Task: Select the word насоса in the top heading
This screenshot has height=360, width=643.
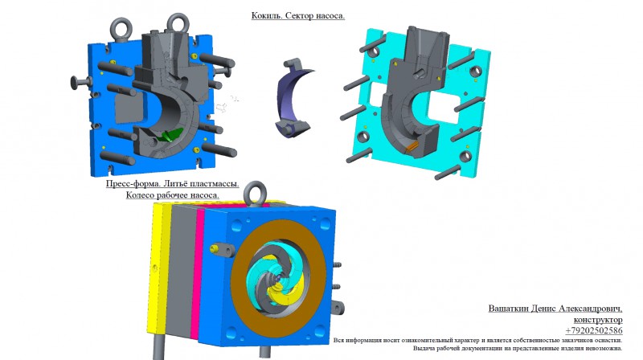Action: coord(330,16)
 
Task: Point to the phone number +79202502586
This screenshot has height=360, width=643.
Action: coord(594,330)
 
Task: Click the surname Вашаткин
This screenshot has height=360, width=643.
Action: coord(508,309)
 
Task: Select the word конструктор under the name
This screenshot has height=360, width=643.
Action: coord(598,319)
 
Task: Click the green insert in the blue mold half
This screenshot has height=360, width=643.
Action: coord(170,134)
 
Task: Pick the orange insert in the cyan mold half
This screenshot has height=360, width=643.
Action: coord(411,146)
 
